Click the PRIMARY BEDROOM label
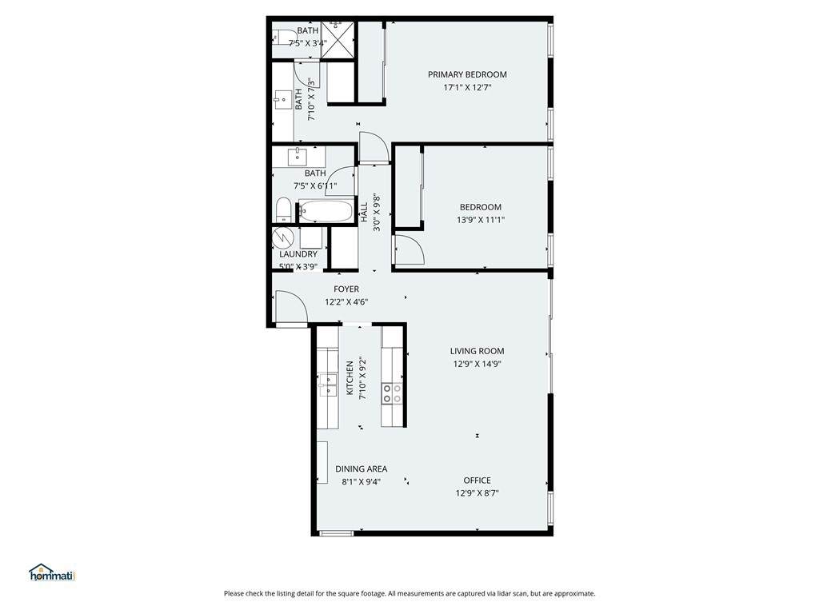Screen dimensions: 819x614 467,74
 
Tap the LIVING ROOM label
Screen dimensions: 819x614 477,351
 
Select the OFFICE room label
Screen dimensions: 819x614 477,480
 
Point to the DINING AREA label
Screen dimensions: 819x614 361,468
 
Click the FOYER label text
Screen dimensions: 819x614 346,289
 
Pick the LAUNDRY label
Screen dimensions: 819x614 298,253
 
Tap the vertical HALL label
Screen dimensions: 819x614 364,212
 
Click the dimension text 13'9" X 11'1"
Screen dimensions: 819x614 481,220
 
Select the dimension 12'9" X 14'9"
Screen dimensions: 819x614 477,364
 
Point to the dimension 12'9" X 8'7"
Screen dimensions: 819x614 477,492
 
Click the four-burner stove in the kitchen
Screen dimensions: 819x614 392,393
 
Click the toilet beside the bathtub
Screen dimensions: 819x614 282,210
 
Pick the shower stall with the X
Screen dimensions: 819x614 337,40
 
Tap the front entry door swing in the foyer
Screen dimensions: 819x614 291,307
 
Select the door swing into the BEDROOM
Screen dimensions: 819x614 409,250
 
